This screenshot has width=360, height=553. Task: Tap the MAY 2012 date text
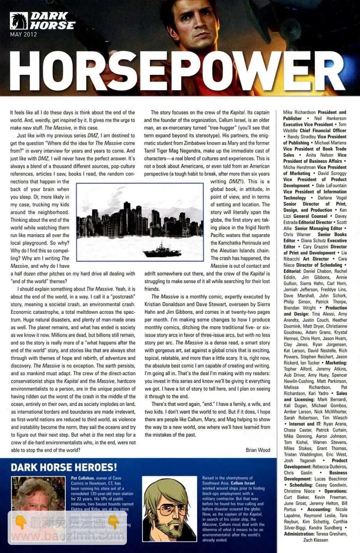[23, 34]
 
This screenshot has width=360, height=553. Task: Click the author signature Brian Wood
[258, 450]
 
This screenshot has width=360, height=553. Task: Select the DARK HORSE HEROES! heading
[64, 468]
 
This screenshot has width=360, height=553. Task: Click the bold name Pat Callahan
[82, 478]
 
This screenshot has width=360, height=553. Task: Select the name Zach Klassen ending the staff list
[315, 540]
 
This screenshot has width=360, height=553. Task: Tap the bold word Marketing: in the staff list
[336, 363]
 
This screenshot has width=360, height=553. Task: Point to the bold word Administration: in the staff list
[299, 534]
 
